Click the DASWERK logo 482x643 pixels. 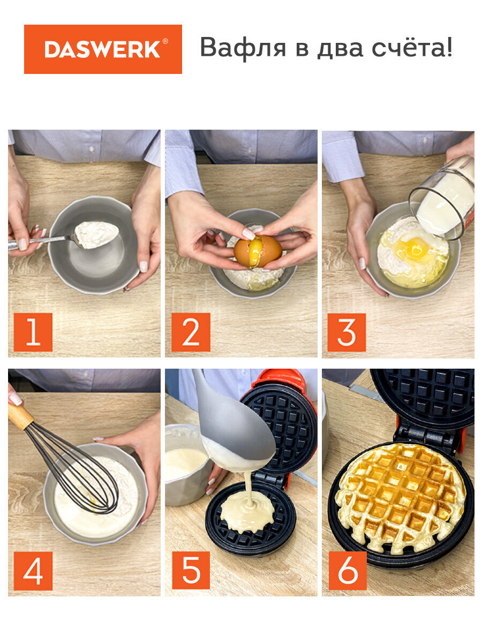pyautogui.click(x=103, y=49)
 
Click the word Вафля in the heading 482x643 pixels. pyautogui.click(x=243, y=47)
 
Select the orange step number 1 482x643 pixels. pyautogui.click(x=33, y=332)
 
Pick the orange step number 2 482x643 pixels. pyautogui.click(x=191, y=332)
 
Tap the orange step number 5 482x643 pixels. pyautogui.click(x=191, y=570)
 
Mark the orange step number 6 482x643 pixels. pyautogui.click(x=348, y=571)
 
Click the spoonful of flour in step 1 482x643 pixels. pyautogui.click(x=96, y=235)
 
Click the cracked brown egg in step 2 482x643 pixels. pyautogui.click(x=258, y=251)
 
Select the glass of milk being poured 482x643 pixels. pyautogui.click(x=442, y=198)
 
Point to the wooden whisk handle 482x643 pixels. pyautogui.click(x=20, y=416)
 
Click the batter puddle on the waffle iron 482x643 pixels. pyautogui.click(x=247, y=512)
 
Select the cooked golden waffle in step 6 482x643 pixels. pyautogui.click(x=402, y=498)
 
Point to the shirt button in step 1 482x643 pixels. pyautogui.click(x=92, y=149)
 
